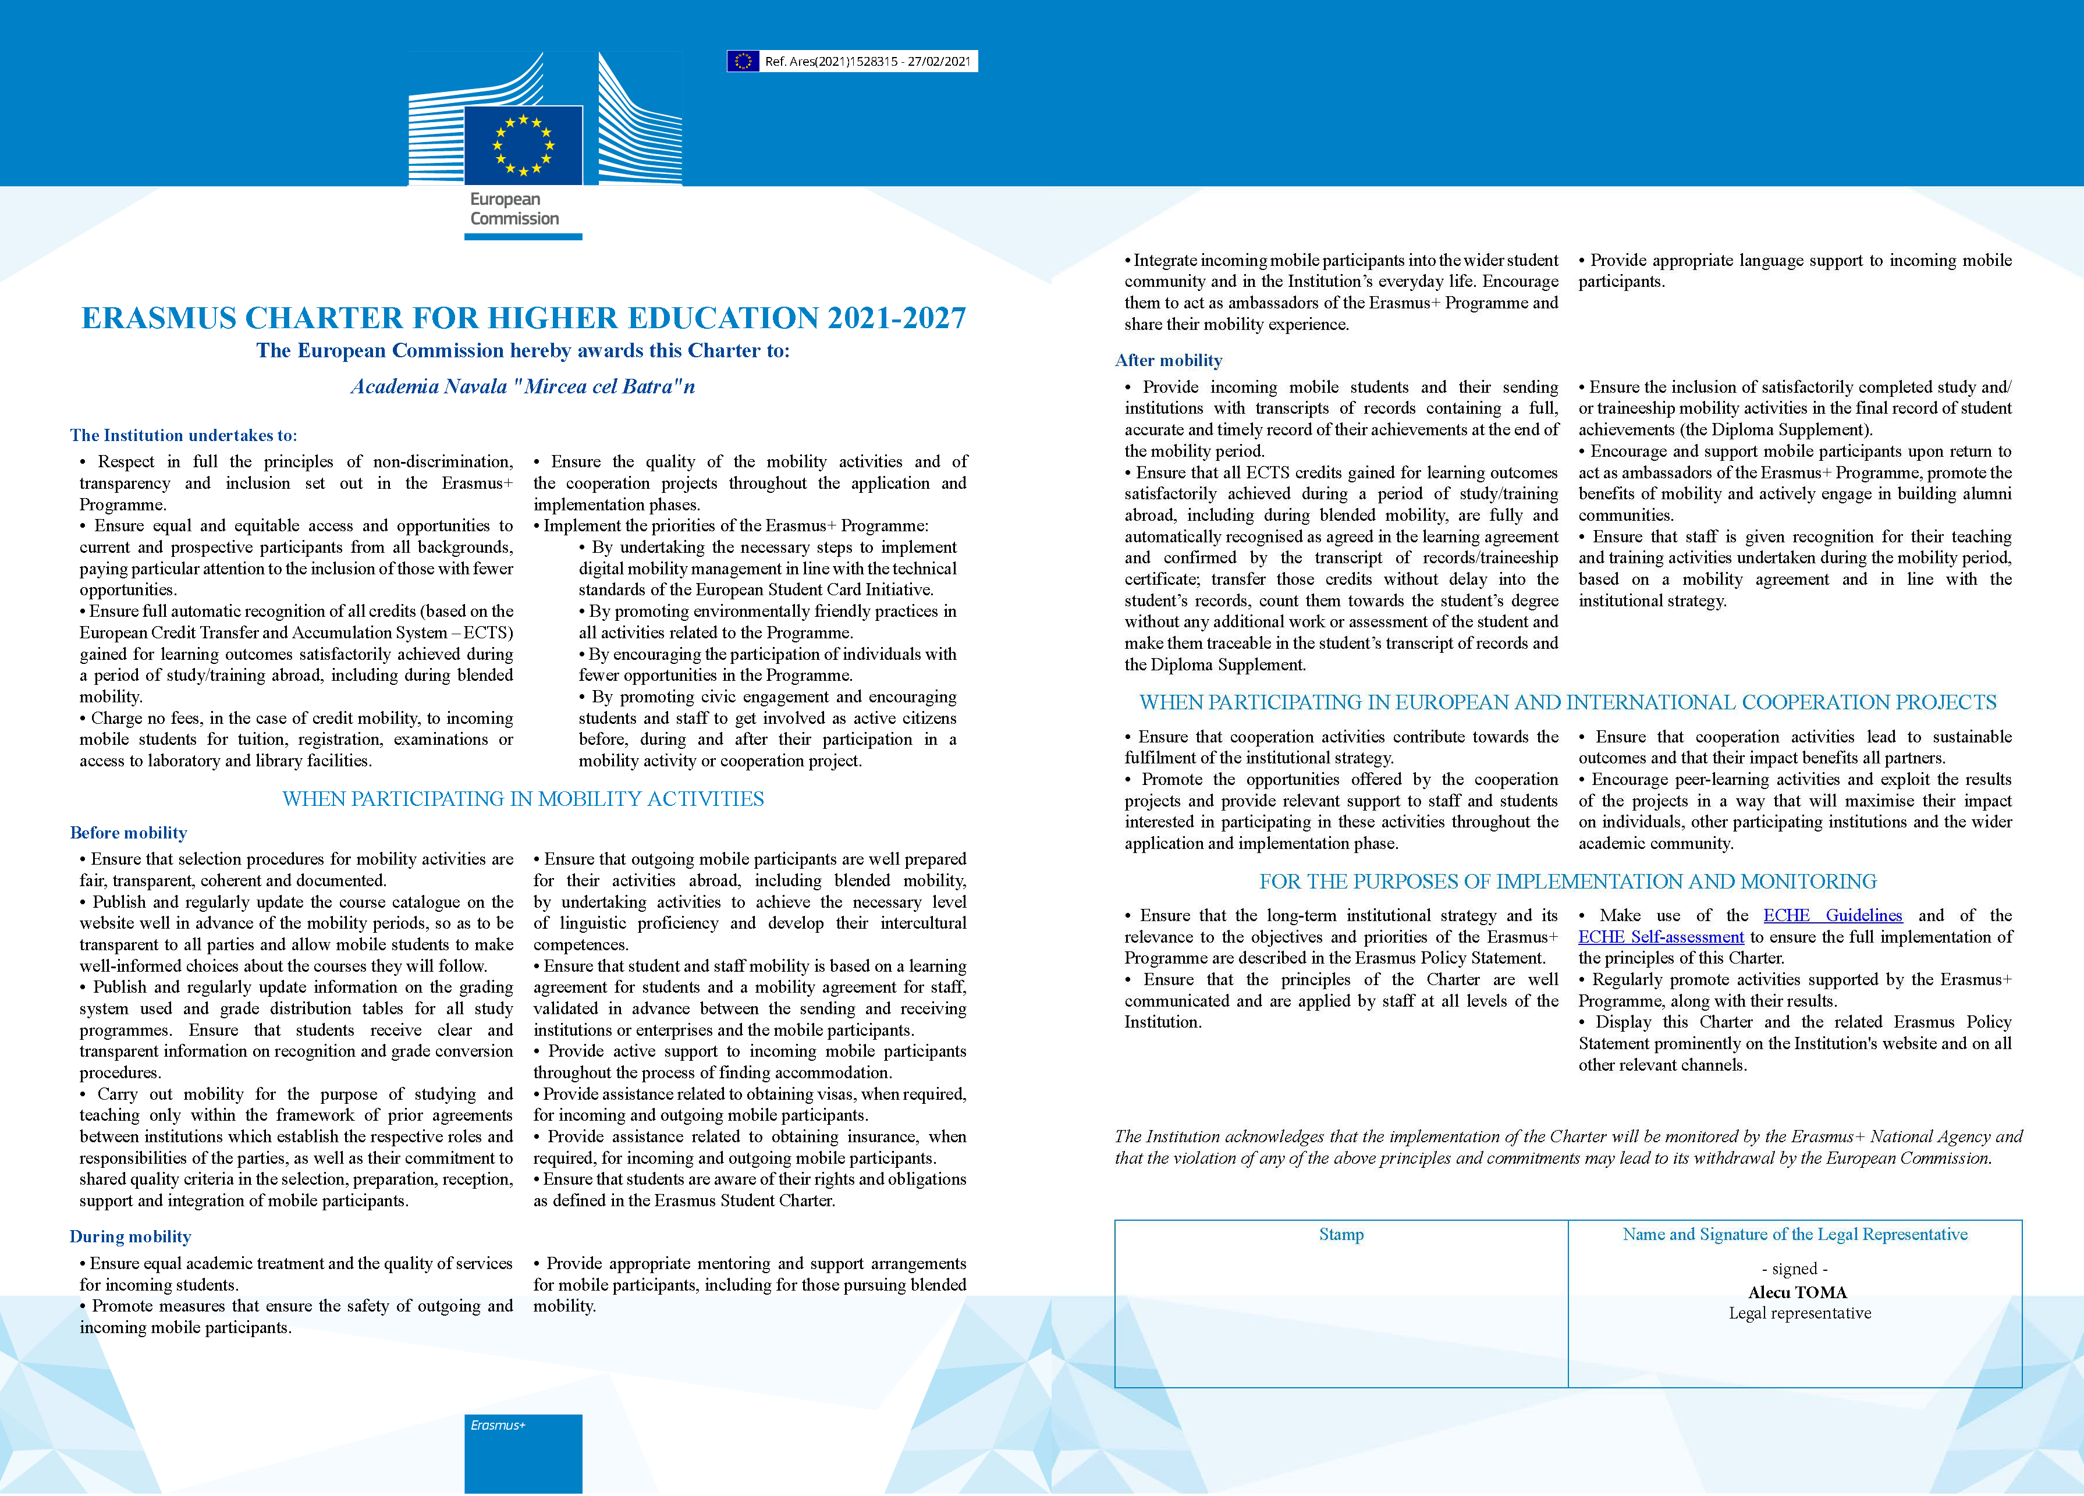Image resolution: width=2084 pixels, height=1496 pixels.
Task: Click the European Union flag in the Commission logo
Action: coord(523,145)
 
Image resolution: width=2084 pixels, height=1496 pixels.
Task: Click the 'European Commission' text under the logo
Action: coord(514,208)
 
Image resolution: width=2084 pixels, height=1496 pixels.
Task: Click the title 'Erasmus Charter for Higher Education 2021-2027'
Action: coord(524,318)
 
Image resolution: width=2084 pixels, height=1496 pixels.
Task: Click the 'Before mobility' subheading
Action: coord(129,833)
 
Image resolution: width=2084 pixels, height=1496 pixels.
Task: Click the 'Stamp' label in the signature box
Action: coord(1341,1235)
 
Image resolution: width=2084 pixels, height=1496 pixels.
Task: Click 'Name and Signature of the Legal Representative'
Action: coord(1795,1235)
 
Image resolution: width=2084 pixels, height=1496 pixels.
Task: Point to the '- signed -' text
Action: coord(1795,1269)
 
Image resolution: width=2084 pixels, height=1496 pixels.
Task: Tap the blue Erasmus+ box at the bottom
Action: coord(523,1453)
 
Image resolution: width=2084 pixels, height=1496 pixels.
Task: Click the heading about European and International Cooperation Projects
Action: coord(1568,703)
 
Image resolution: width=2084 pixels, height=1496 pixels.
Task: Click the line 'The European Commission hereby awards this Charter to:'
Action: coord(523,351)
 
